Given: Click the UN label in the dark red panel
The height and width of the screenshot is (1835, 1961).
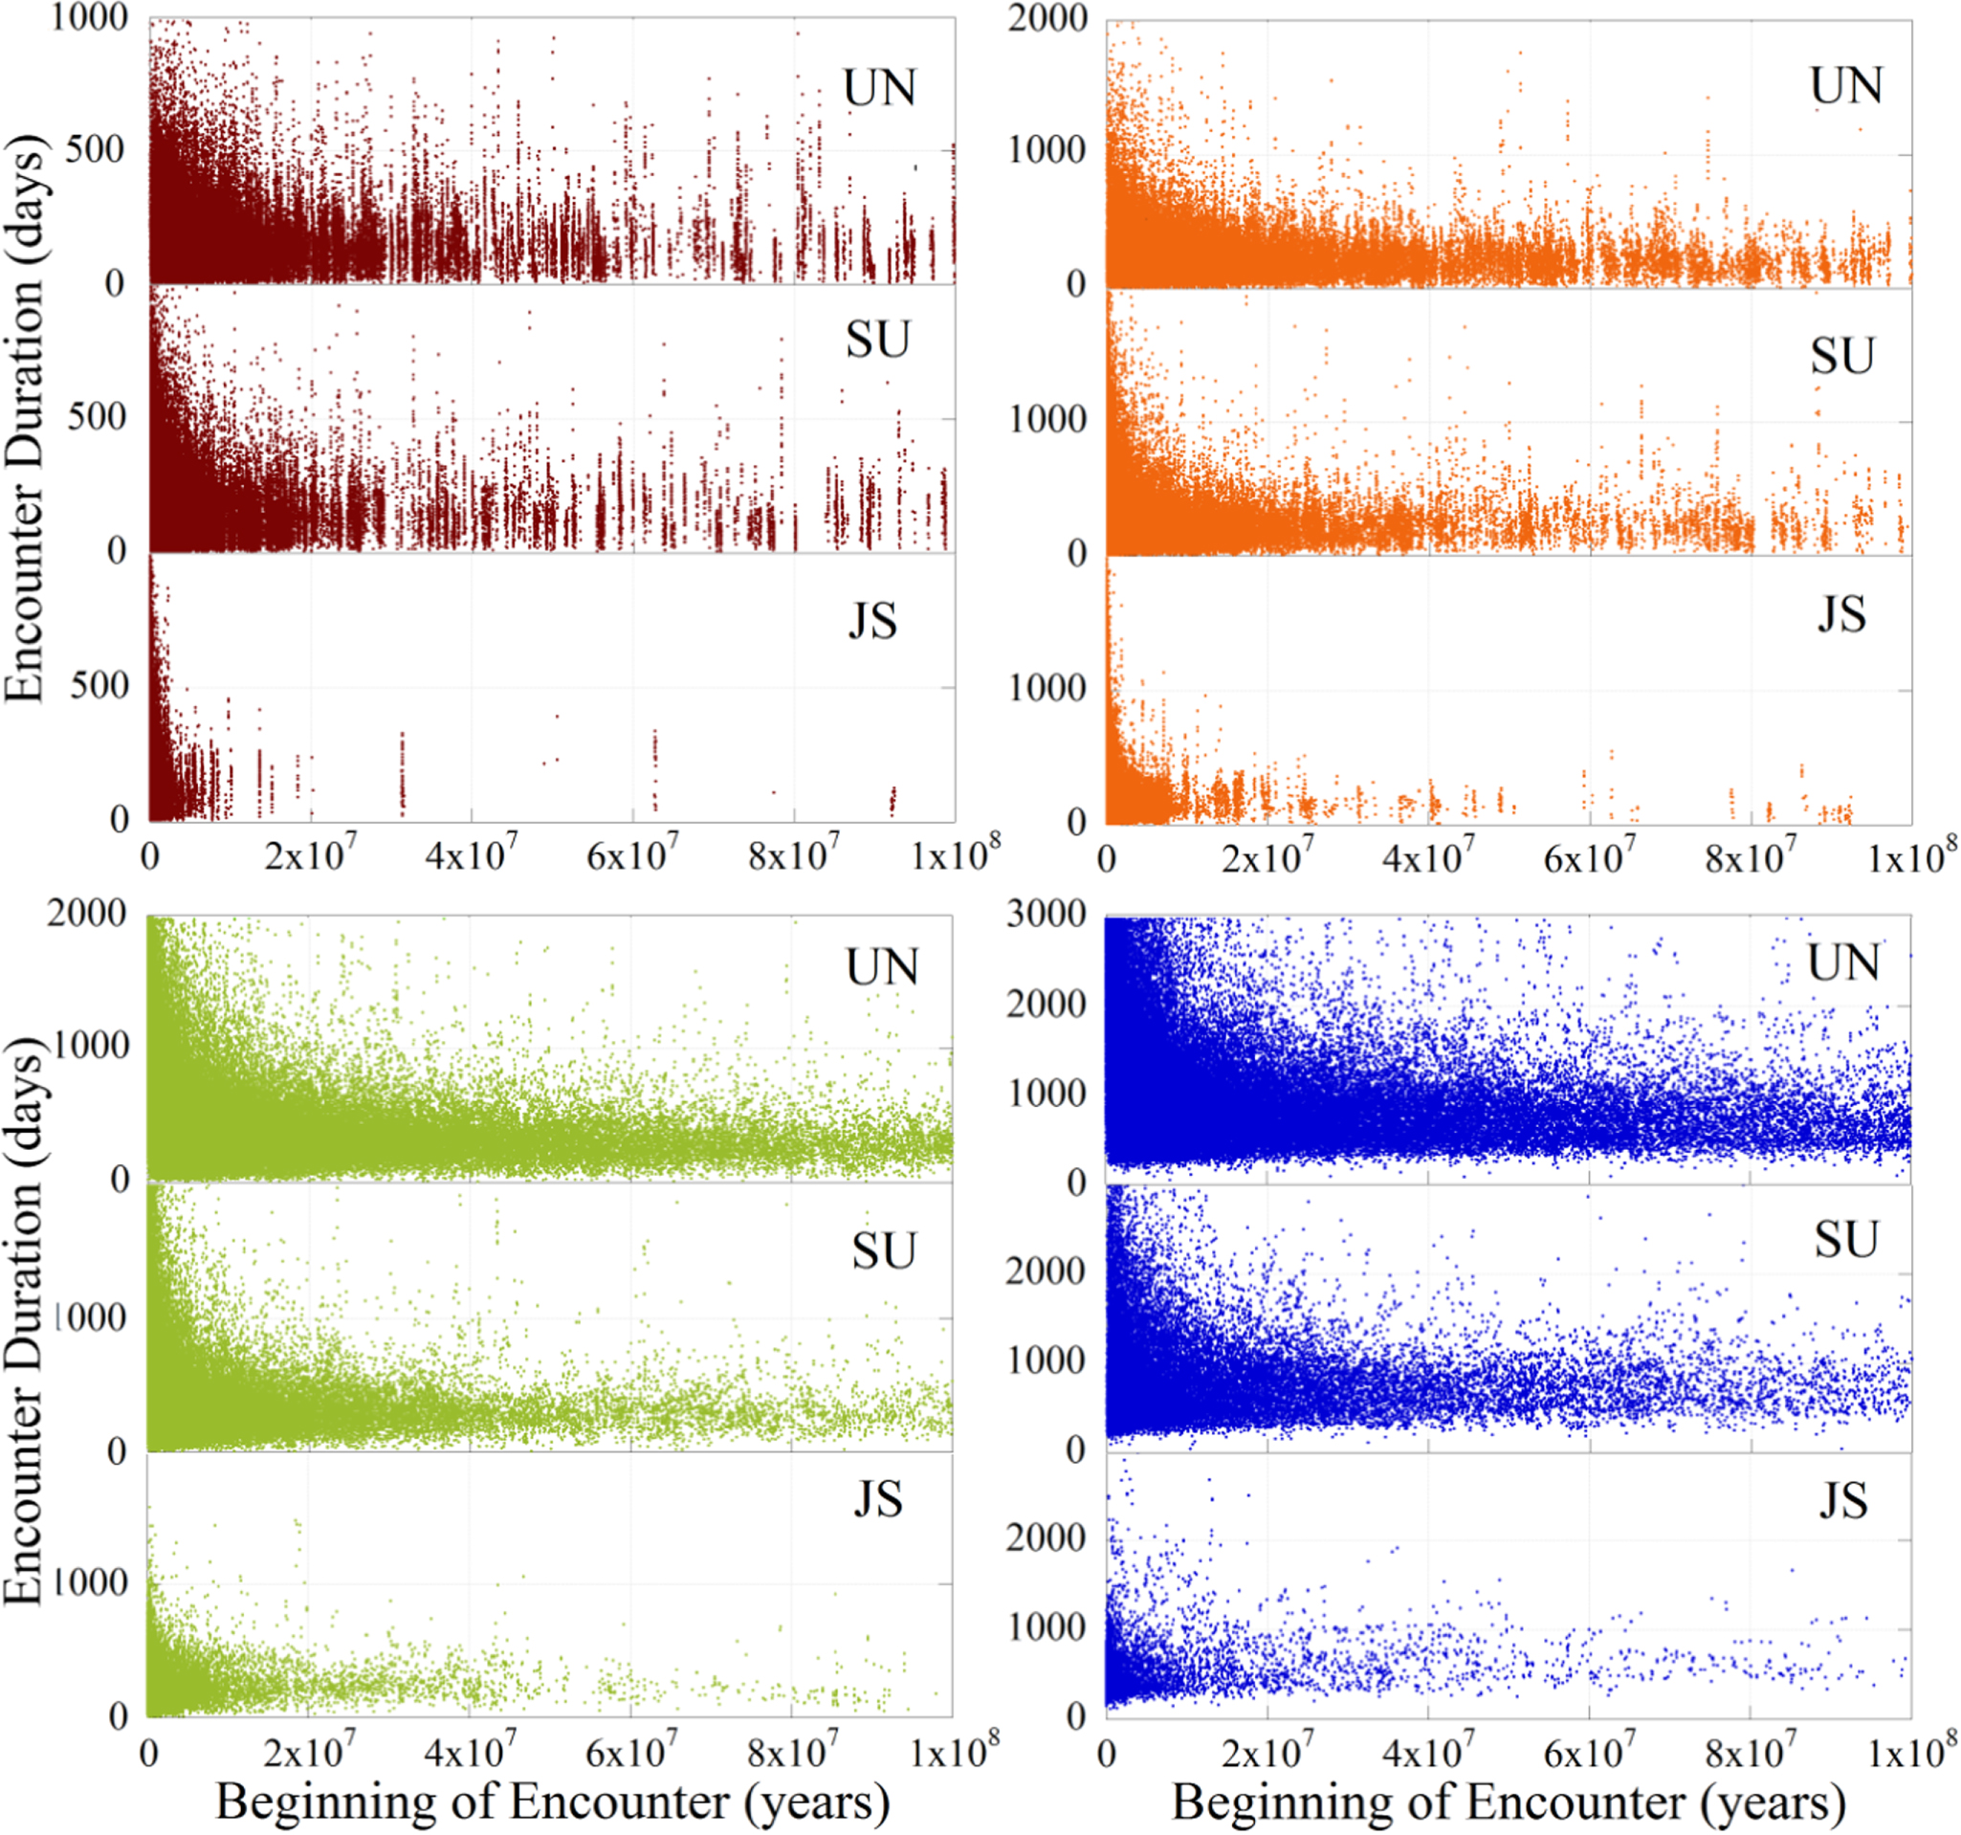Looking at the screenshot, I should click(879, 88).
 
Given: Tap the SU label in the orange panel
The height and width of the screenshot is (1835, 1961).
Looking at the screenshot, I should click(1841, 356).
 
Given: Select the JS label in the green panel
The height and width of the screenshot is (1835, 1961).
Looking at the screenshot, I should click(877, 1498).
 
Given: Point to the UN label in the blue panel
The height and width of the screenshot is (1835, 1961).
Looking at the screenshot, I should click(1843, 962).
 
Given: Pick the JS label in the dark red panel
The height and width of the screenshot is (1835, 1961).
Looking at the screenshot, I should click(873, 621).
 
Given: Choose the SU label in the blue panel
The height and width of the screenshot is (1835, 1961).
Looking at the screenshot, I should click(1846, 1239).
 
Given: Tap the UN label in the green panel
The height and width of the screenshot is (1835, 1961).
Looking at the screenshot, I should click(882, 967).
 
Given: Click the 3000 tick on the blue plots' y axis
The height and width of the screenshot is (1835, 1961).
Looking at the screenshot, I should click(1047, 914).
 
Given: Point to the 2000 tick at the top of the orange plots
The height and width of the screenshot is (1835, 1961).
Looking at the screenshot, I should click(1047, 18).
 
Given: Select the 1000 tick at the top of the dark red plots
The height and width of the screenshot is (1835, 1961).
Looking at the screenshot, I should click(90, 18).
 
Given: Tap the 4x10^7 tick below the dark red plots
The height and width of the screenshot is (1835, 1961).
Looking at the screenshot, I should click(472, 853).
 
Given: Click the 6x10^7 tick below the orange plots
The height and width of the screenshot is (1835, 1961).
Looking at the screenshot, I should click(1589, 855).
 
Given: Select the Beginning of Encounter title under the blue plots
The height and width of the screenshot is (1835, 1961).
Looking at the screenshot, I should click(1509, 1802).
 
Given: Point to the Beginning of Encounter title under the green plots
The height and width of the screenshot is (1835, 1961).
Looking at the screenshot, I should click(552, 1802).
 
